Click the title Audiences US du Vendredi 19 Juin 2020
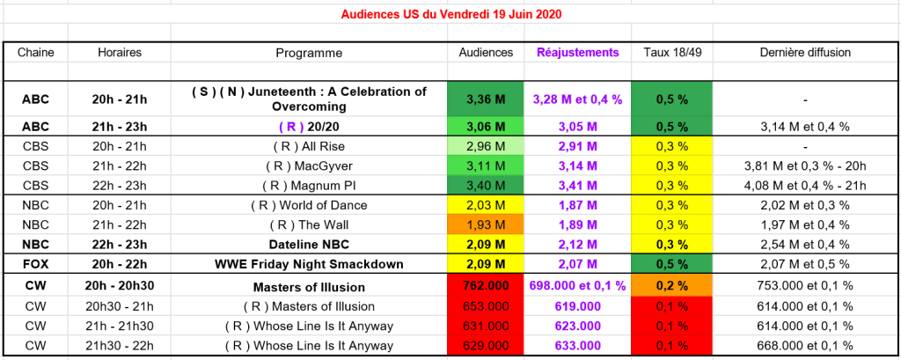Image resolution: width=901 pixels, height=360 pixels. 450,14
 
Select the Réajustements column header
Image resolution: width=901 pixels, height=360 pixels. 577,53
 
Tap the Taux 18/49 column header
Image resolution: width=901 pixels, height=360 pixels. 670,53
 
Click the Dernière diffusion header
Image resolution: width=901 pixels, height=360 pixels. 804,53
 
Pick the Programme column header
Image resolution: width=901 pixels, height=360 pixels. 309,53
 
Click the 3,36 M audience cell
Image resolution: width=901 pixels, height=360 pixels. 486,99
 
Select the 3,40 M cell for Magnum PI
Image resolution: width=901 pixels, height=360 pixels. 486,186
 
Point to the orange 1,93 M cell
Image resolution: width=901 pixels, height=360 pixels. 486,224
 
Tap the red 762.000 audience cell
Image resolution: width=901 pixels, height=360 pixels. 486,286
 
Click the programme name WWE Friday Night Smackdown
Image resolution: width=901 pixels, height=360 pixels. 309,263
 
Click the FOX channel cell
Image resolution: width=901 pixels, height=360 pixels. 36,263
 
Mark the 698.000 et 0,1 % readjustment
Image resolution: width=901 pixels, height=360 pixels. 577,286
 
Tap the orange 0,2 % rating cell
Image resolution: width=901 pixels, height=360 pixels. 670,286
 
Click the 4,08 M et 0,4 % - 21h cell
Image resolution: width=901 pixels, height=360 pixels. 804,186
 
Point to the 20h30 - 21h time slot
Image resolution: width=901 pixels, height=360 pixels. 120,306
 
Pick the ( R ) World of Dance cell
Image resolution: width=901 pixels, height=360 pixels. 309,205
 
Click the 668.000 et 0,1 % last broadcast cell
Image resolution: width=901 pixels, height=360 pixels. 804,345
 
